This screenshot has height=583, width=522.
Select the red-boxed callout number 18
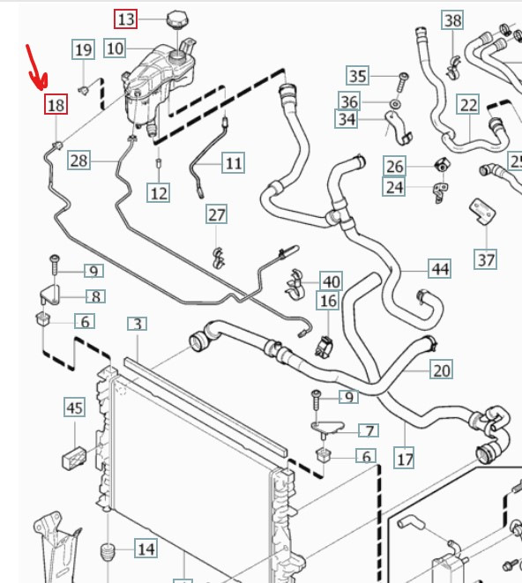pyautogui.click(x=56, y=104)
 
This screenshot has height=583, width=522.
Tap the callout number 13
pyautogui.click(x=126, y=19)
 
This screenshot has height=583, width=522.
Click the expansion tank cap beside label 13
pyautogui.click(x=177, y=19)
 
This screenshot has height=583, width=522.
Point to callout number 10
pyautogui.click(x=115, y=49)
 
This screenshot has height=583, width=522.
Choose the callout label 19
pyautogui.click(x=83, y=49)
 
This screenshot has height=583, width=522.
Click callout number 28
pyautogui.click(x=78, y=161)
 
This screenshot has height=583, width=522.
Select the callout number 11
pyautogui.click(x=234, y=163)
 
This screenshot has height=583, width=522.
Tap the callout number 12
pyautogui.click(x=159, y=192)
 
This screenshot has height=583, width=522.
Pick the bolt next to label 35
pyautogui.click(x=403, y=82)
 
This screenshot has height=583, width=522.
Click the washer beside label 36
pyautogui.click(x=395, y=104)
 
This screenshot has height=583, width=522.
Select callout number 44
pyautogui.click(x=440, y=268)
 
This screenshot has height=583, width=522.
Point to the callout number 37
pyautogui.click(x=486, y=259)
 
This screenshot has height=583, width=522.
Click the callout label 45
pyautogui.click(x=74, y=407)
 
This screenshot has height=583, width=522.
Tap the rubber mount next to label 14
pyautogui.click(x=108, y=552)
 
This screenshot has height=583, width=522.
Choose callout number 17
pyautogui.click(x=405, y=459)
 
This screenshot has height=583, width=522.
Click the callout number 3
pyautogui.click(x=138, y=324)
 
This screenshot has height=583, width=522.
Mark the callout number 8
pyautogui.click(x=96, y=296)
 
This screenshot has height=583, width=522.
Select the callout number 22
pyautogui.click(x=468, y=105)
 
